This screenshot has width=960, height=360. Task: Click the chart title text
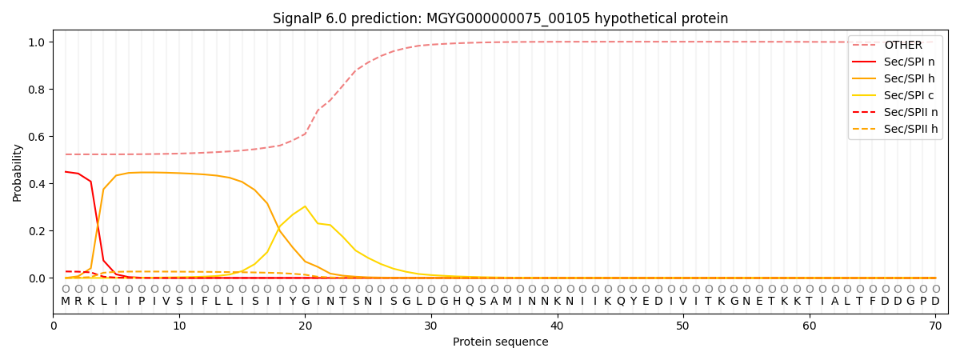(500, 18)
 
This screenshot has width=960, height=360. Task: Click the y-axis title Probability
(18, 172)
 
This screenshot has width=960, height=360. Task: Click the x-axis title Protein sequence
(500, 342)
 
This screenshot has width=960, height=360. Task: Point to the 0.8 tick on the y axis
(36, 90)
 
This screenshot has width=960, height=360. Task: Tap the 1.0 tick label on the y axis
(36, 42)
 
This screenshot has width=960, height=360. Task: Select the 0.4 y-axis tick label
(36, 184)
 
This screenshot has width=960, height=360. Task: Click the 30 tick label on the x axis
(431, 326)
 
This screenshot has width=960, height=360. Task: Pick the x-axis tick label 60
(810, 326)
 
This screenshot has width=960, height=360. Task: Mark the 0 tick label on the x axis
(54, 326)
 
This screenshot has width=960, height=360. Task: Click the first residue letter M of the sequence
(66, 302)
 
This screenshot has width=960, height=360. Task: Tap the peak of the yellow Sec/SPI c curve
(305, 206)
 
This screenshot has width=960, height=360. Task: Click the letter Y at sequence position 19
(293, 302)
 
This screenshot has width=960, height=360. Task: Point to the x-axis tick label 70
(935, 326)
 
